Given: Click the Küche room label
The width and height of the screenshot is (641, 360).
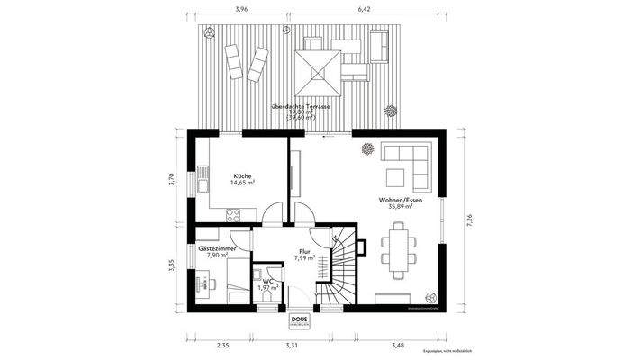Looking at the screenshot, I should pos(241,175).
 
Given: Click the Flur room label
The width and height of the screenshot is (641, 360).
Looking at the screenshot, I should pos(304,251).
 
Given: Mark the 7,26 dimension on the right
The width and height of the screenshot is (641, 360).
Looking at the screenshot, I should pos(469,219).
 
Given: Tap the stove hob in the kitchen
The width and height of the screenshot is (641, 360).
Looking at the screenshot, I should pos(233,214).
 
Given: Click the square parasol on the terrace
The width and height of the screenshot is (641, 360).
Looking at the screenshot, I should pos(320,69).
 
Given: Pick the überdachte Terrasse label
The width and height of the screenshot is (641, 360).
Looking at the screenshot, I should pos(304,106).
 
